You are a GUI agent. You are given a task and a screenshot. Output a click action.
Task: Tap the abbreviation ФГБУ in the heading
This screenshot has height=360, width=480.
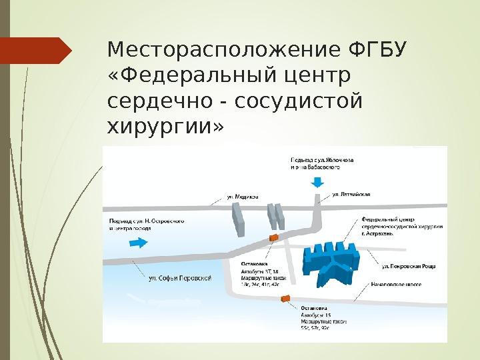[x=378, y=51]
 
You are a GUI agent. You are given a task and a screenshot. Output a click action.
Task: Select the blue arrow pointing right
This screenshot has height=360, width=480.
[x=139, y=243]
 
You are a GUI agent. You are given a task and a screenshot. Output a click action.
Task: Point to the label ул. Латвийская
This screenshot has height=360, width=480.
[x=351, y=195]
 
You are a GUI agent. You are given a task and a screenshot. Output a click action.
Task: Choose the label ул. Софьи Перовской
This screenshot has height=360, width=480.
[x=180, y=277]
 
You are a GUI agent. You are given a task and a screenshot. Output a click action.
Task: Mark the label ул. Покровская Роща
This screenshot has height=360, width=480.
[x=409, y=266]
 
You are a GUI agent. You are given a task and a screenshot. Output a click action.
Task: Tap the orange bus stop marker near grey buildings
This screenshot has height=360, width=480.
[x=272, y=237]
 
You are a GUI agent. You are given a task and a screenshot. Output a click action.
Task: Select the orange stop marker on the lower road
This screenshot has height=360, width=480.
[x=286, y=299]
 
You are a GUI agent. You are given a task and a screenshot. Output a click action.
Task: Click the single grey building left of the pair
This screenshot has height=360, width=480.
[x=238, y=219]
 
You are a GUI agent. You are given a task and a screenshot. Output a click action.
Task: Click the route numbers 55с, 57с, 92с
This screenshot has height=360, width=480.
[x=315, y=328]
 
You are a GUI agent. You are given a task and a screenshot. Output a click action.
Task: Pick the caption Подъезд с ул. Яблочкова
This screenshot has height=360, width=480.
[x=322, y=161]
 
